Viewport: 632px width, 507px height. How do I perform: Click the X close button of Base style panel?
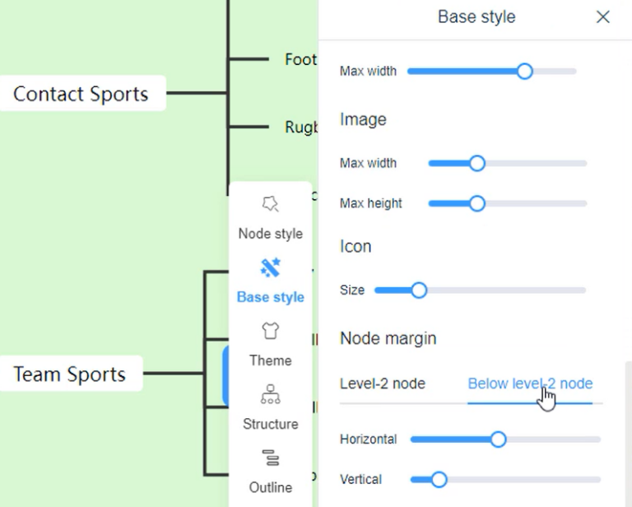603,16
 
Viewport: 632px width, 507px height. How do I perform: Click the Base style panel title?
476,16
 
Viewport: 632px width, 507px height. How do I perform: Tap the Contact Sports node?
81,94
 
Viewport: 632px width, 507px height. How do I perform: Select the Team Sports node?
70,374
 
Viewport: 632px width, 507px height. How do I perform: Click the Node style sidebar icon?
270,204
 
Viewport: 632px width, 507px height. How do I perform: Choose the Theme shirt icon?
270,331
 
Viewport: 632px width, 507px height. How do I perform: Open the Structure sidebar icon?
270,395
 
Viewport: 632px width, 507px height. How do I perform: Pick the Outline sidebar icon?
270,458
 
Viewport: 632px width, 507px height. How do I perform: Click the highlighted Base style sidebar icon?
270,268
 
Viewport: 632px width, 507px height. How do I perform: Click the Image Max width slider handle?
476,163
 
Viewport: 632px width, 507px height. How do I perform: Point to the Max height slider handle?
476,203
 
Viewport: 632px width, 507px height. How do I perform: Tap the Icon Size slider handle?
419,290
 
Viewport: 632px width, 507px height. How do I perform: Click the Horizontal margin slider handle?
498,439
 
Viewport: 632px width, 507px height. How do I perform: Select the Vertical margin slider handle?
439,479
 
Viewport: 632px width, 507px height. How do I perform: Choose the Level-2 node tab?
382,384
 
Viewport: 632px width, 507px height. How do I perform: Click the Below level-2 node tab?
530,384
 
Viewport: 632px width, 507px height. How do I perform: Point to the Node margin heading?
388,338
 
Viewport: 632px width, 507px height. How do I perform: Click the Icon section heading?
355,246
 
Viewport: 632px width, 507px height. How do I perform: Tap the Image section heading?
363,119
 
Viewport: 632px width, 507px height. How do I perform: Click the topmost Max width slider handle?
525,71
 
